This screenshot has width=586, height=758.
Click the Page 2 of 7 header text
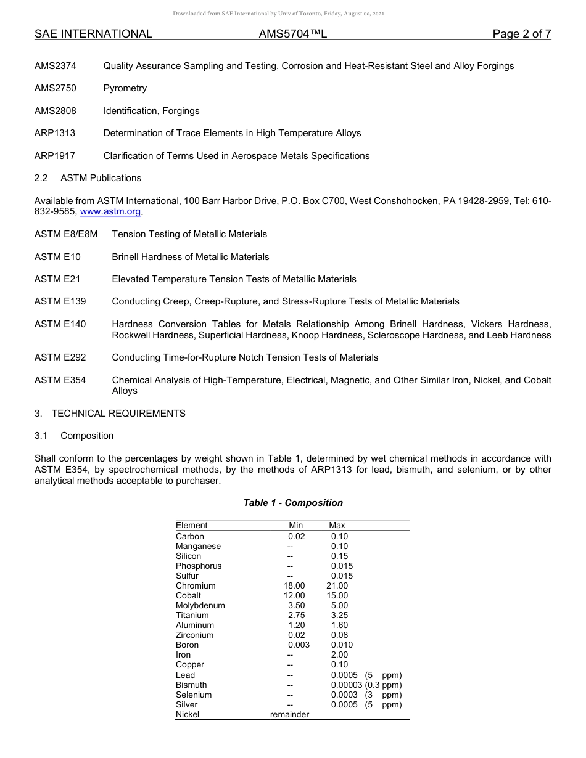pos(521,35)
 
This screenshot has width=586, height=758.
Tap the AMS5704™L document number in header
pos(292,35)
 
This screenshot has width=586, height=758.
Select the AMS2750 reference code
pos(56,88)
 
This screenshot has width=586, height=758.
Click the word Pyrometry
pos(125,88)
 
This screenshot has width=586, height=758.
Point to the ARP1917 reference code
pos(55,156)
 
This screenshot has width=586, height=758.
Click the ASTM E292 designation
pos(60,357)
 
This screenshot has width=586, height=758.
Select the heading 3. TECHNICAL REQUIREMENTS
pos(110,414)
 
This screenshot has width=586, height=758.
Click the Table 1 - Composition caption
pos(293,503)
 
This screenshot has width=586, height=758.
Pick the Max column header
pos(337,525)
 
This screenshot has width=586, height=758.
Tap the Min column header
pos(296,525)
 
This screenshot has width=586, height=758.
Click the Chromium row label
pos(196,585)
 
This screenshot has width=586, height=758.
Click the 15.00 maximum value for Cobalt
pos(337,595)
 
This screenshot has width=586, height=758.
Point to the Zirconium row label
pos(194,635)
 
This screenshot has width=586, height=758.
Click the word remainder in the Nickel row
pos(289,714)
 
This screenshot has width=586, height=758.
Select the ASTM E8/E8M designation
pos(66,234)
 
